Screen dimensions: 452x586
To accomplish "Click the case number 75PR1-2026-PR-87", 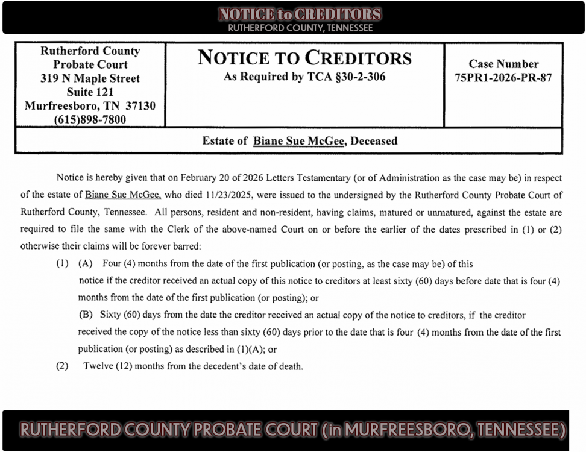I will [503, 78].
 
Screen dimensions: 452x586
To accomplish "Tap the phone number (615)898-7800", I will [90, 119].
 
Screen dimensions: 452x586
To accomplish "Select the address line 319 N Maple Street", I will [90, 78].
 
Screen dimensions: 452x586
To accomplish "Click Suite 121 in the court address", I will [90, 92].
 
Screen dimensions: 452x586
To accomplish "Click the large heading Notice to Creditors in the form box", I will [304, 58].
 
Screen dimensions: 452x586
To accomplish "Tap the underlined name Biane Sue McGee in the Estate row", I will [299, 141].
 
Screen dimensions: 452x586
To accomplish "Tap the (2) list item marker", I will [63, 366].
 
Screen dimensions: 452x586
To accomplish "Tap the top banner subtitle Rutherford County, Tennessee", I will [300, 28].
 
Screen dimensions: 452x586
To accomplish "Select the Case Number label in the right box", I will [503, 64].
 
